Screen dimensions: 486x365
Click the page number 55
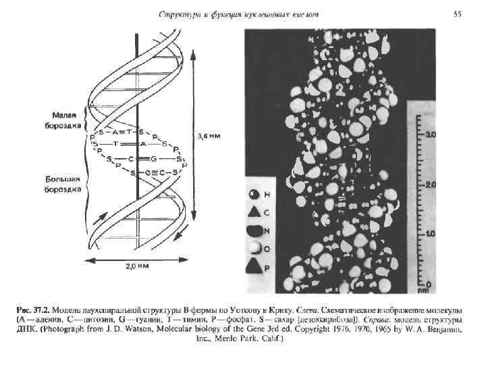(457, 14)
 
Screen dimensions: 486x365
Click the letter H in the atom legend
(267, 194)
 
